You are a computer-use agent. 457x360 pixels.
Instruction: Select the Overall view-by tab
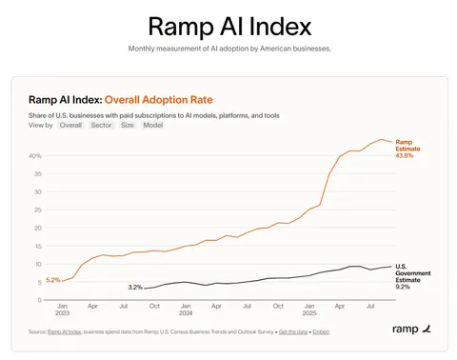pos(70,125)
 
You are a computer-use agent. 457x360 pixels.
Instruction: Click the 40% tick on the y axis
pos(34,155)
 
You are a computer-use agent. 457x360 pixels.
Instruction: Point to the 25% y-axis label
pos(34,210)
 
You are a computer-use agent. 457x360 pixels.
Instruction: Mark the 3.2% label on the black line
pos(134,287)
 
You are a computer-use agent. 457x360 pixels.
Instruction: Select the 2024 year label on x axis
pos(186,312)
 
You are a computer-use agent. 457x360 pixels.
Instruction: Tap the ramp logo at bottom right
pos(410,330)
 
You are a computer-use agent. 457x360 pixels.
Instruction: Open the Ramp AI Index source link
pos(65,330)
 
